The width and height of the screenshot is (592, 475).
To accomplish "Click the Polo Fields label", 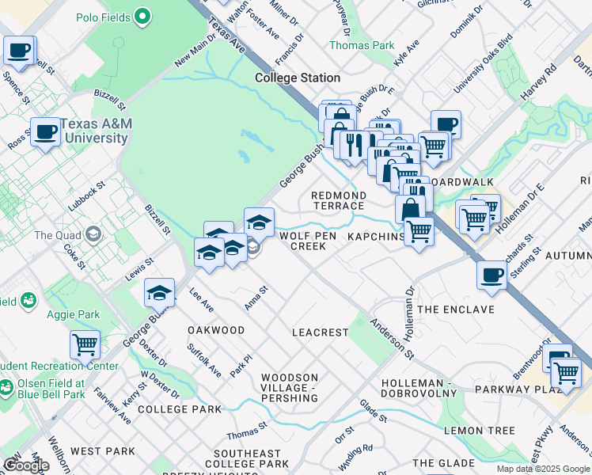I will click(104, 16).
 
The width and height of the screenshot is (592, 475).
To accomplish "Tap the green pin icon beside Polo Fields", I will click(142, 15).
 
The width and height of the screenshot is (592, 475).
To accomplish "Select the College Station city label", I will click(298, 78).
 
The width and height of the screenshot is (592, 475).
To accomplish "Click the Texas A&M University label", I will click(96, 131).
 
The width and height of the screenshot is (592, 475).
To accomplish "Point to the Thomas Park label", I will click(362, 45).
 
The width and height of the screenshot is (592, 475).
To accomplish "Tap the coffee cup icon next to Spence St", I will click(18, 51).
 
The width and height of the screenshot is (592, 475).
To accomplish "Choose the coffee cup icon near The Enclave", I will click(492, 274).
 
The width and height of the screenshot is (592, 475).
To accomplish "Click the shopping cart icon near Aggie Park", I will click(85, 344).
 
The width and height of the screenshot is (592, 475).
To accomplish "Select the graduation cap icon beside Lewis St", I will click(159, 292).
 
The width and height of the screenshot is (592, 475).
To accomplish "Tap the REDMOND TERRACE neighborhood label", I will click(339, 200).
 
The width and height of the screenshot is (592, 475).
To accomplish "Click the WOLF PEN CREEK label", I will click(308, 241).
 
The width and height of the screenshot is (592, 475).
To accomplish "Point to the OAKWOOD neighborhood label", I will click(215, 329).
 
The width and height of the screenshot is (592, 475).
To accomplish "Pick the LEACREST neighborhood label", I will click(320, 332).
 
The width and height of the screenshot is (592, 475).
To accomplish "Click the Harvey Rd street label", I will click(538, 82).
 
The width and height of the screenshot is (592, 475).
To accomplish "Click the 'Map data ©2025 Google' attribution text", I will click(543, 469).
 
